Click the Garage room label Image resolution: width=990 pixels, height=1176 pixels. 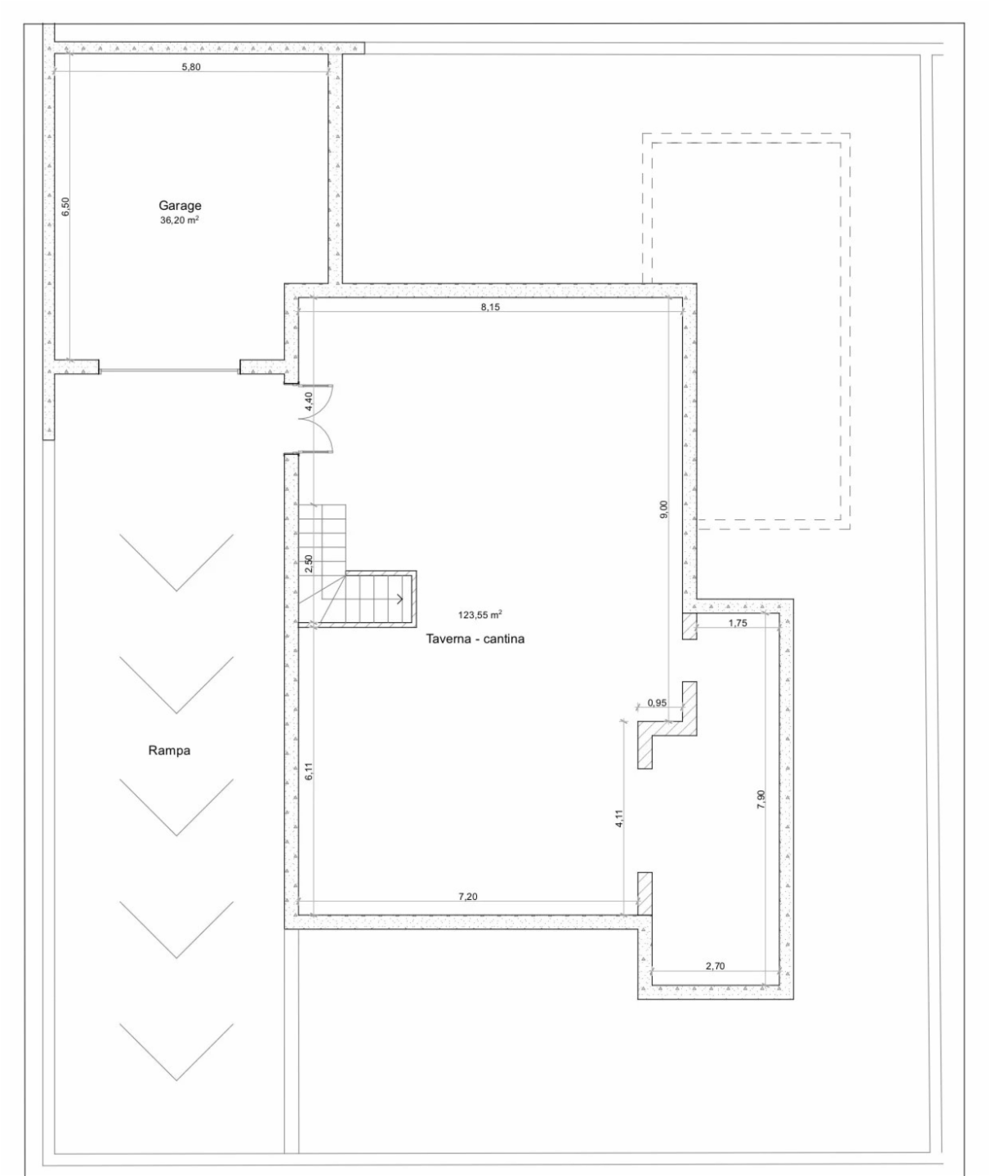click(180, 206)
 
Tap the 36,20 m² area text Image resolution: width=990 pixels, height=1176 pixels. click(179, 220)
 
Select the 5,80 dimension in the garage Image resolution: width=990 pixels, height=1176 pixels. click(191, 67)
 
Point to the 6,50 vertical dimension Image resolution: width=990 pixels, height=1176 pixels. click(65, 207)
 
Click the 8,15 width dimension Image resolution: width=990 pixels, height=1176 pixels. click(490, 307)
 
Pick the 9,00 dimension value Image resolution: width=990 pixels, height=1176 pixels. click(664, 509)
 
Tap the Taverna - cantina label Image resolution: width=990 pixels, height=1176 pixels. click(475, 639)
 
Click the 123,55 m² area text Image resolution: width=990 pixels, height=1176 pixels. click(480, 615)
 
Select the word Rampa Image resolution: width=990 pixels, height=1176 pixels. click(169, 751)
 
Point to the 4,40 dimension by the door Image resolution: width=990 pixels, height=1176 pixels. click(308, 401)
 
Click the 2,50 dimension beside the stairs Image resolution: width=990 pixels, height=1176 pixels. click(308, 564)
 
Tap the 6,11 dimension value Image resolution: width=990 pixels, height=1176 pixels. click(308, 772)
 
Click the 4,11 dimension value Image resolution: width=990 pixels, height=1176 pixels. click(619, 817)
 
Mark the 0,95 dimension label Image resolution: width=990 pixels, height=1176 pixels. click(657, 702)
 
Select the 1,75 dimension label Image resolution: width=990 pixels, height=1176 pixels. click(738, 622)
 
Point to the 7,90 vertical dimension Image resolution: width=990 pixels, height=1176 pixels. click(760, 800)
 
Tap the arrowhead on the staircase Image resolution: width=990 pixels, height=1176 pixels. click(400, 599)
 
